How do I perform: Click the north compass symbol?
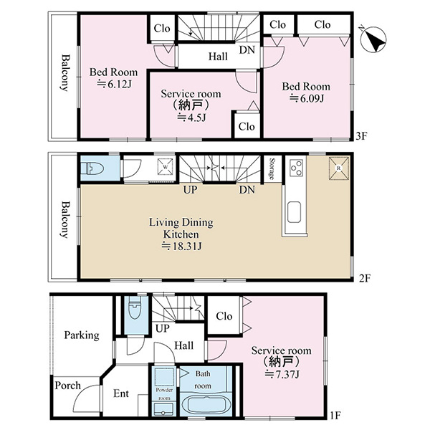[x=373, y=39]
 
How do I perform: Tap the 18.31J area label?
[x=181, y=246]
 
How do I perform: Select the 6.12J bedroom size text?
[x=115, y=84]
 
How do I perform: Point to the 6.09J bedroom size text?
[x=307, y=98]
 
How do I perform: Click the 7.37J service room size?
[x=282, y=374]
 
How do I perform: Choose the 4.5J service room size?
[x=191, y=117]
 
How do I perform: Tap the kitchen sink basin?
[x=294, y=212]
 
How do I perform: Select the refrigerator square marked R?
[x=339, y=168]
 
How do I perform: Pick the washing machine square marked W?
[x=166, y=166]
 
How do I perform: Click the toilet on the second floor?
[x=92, y=168]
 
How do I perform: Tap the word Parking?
[x=82, y=335]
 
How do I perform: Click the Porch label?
[x=68, y=386]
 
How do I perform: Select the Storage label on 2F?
[x=272, y=168]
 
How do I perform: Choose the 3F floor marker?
[x=361, y=136]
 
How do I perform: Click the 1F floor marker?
[x=335, y=415]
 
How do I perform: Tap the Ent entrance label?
[x=121, y=393]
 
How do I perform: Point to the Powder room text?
[x=164, y=393]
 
